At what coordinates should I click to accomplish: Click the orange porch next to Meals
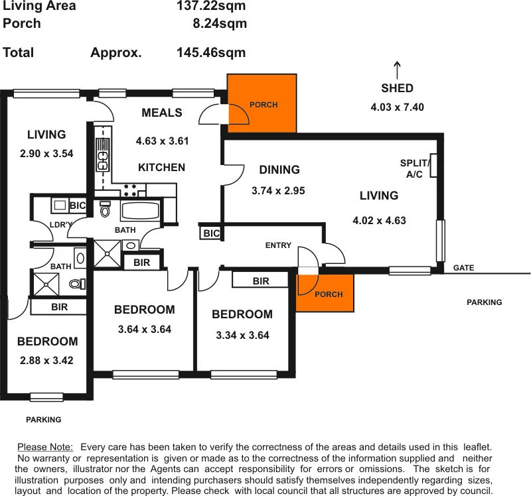[x=262, y=103]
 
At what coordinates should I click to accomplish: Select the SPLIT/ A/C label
[x=416, y=168]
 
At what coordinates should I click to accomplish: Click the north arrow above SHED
[x=397, y=69]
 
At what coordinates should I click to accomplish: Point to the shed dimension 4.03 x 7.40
[x=397, y=107]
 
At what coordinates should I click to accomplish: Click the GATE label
[x=463, y=268]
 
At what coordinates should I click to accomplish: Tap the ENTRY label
[x=278, y=245]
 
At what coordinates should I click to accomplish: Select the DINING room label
[x=279, y=170]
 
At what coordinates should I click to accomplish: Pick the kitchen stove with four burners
[x=129, y=190]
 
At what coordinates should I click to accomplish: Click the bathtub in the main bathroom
[x=140, y=212]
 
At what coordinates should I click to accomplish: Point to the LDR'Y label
[x=60, y=225]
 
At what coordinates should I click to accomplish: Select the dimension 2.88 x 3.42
[x=46, y=361]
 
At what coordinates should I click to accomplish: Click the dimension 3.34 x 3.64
[x=242, y=336]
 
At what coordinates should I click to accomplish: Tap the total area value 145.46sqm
[x=211, y=52]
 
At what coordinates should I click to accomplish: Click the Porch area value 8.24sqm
[x=218, y=23]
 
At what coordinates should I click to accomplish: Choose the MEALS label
[x=161, y=113]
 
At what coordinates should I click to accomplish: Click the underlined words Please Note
[x=45, y=448]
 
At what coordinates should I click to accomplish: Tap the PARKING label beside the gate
[x=484, y=302]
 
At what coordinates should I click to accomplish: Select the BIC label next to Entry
[x=211, y=233]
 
